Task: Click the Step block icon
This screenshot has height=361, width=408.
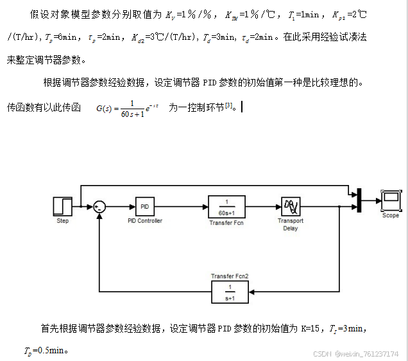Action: (x=62, y=206)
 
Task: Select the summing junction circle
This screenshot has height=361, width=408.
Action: (x=99, y=206)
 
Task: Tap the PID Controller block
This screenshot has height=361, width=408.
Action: (x=144, y=206)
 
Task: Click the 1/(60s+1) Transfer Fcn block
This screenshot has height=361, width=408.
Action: (x=226, y=206)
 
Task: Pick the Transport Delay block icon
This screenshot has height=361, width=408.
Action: (x=291, y=206)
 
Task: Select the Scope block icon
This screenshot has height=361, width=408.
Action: (x=390, y=201)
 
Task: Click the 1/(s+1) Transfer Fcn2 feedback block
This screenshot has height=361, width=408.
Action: (x=229, y=292)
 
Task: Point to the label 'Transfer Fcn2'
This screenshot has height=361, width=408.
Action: (x=229, y=276)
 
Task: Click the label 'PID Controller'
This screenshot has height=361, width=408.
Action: (x=145, y=221)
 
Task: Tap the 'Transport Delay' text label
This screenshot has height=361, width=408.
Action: (x=291, y=224)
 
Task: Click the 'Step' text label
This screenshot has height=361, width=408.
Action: (x=62, y=221)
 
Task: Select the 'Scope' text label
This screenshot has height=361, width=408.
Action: (x=390, y=216)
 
